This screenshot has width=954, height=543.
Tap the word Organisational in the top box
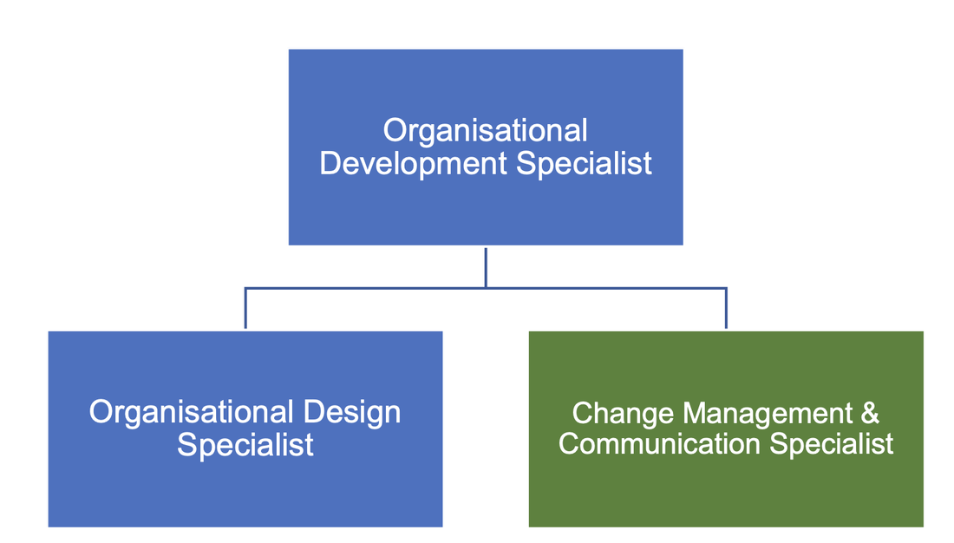click(486, 131)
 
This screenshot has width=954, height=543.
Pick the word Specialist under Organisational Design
click(245, 444)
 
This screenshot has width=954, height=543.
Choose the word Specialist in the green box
click(832, 443)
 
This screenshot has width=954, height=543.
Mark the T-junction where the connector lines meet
click(486, 287)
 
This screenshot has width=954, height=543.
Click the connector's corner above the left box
click(245, 287)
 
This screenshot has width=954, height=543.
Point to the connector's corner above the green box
click(726, 287)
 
